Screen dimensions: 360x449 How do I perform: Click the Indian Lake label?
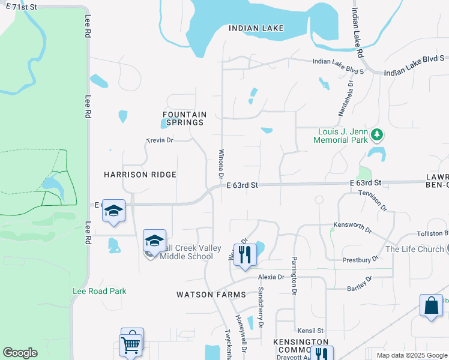[256, 28]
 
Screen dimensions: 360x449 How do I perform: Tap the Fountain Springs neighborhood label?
[185, 118]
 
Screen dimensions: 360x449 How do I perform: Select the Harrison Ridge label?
[140, 175]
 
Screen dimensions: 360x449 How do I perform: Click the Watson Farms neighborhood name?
[211, 295]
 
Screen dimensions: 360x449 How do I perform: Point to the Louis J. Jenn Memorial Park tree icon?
[377, 134]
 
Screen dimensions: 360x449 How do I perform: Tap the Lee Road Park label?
[100, 291]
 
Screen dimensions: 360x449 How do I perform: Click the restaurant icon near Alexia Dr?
[244, 254]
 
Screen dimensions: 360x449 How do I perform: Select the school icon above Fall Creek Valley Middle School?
[155, 241]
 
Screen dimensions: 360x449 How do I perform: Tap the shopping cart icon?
[132, 343]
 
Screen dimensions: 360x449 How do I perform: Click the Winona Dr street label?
[221, 167]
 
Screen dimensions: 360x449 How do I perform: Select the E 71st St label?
[19, 7]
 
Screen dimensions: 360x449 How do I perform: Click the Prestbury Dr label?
[361, 259]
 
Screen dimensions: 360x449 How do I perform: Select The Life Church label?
[415, 249]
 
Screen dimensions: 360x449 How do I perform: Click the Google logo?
[20, 352]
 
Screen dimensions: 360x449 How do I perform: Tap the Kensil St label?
[310, 331]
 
